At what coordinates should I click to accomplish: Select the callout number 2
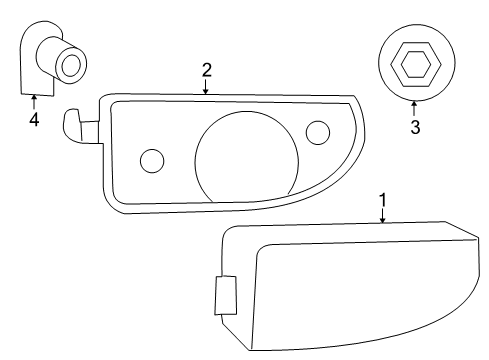206,70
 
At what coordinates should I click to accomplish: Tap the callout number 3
414,128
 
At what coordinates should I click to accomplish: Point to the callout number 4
34,120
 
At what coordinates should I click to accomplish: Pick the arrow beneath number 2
206,87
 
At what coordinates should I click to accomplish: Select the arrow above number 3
414,108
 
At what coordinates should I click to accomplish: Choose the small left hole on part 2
153,160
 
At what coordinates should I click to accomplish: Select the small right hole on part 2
318,131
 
